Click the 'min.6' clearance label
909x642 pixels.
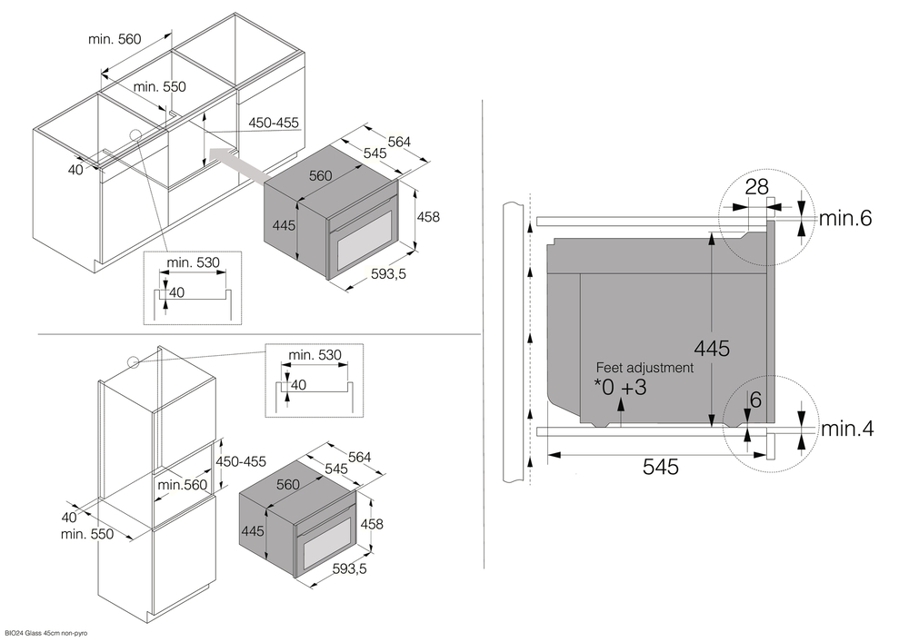coord(845,218)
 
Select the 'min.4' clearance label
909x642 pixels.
coord(846,429)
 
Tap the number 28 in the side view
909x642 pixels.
coord(756,187)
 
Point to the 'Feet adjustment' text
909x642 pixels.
coord(644,368)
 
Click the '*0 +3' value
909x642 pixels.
coord(621,388)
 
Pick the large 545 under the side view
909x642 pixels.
coord(661,467)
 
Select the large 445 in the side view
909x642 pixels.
coord(712,347)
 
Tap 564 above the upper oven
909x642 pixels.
coord(399,141)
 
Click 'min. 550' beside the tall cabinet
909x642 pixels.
coord(87,534)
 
